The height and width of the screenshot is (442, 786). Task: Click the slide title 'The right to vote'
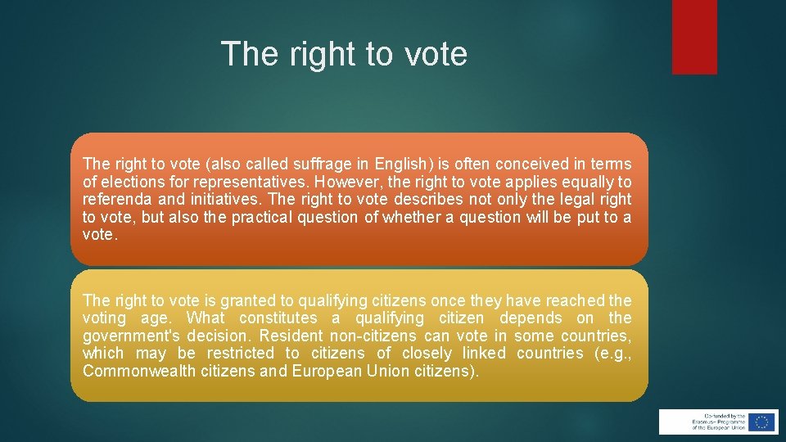344,54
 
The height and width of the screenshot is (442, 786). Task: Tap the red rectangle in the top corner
694,37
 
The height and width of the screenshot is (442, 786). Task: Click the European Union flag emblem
761,422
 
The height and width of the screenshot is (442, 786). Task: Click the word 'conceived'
513,165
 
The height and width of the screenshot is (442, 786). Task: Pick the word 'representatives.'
246,183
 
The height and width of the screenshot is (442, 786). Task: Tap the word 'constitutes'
278,318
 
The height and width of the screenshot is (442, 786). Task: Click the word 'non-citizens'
373,336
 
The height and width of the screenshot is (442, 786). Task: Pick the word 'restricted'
241,353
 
